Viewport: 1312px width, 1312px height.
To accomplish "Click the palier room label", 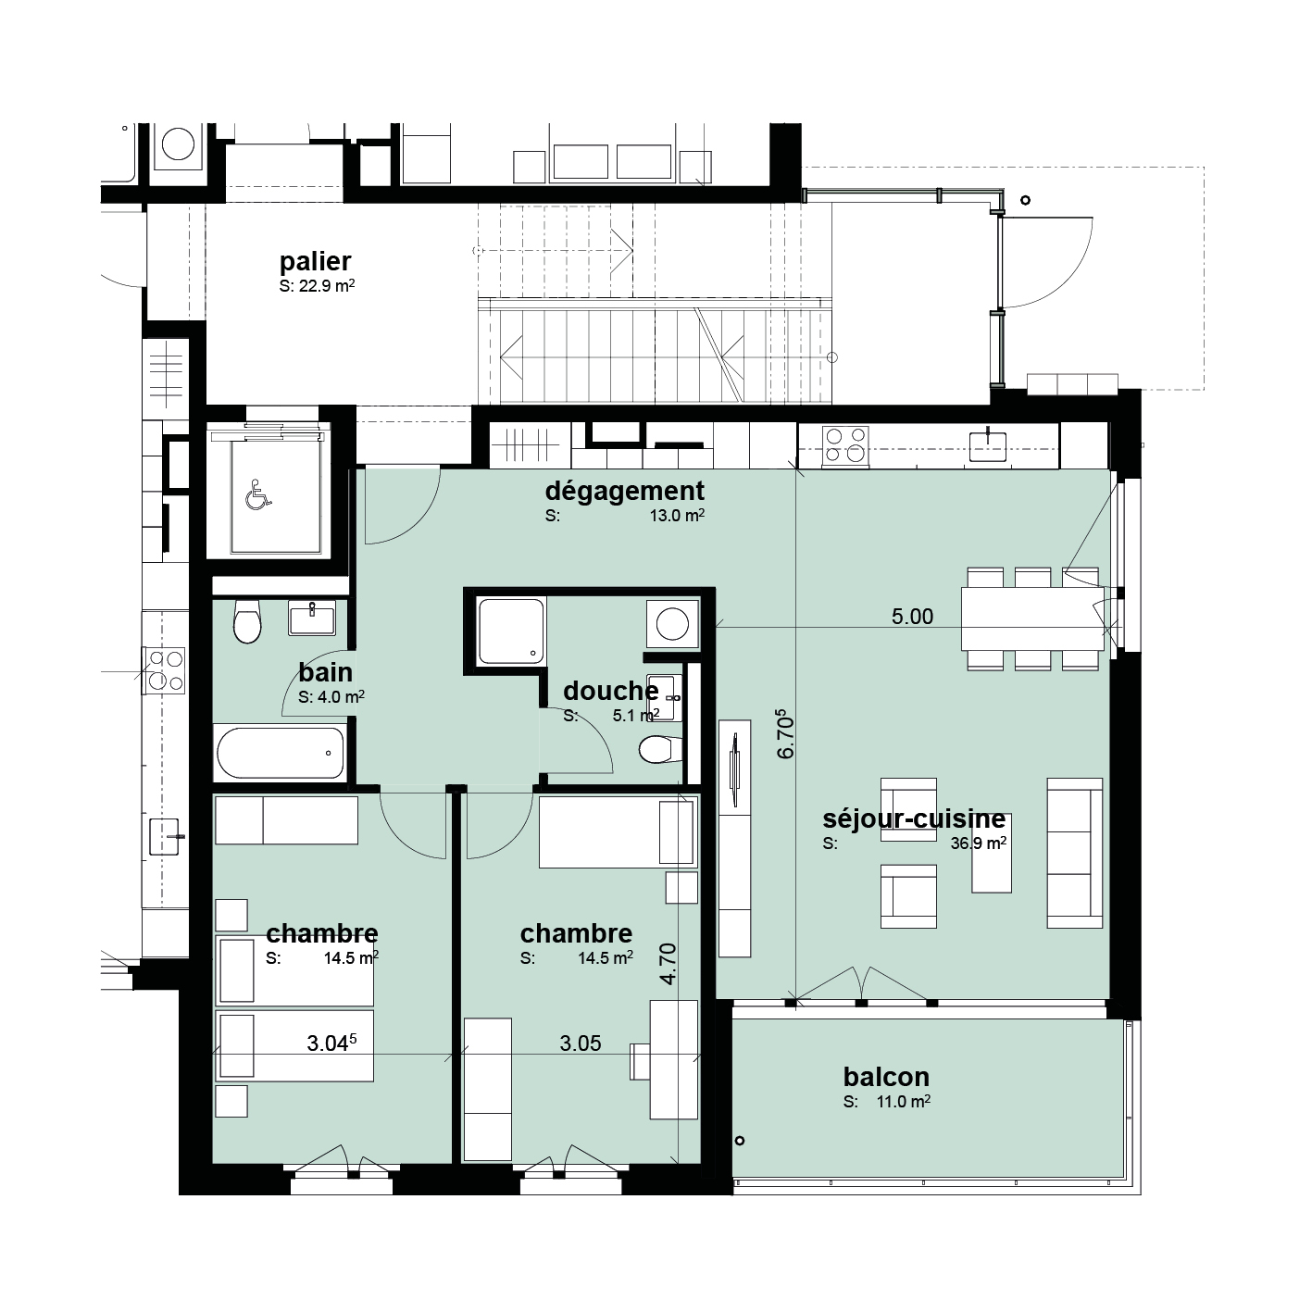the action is point(315,261).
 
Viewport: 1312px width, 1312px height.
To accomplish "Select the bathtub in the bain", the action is point(280,753).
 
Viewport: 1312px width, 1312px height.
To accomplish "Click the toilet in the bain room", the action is point(246,621).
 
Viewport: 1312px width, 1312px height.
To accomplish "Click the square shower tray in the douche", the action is point(511,631).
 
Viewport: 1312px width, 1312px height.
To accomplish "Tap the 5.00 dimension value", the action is point(912,616).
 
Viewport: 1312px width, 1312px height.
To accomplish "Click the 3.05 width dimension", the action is point(581,1043).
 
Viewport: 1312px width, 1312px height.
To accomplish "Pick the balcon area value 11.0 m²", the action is point(903,1102).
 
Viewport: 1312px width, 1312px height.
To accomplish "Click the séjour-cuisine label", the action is point(914,818).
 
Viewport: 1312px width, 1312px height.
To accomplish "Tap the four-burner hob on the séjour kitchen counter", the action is point(845,445).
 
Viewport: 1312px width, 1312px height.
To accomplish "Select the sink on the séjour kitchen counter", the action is point(987,445).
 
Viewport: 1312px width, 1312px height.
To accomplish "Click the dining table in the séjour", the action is point(1032,619).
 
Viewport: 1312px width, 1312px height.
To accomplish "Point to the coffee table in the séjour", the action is point(992,852).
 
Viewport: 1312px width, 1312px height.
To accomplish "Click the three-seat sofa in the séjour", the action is point(1074,853).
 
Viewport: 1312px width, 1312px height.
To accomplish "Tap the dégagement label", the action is point(624,490).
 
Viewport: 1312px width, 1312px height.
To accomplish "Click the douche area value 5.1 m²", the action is point(635,716).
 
